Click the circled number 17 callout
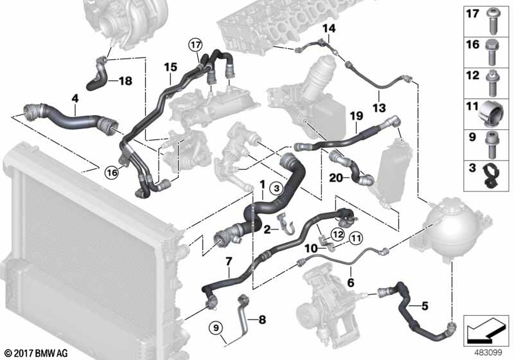pos(195,45)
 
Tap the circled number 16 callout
pos(112,172)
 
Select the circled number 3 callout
pos(277,188)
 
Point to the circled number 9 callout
pos(216,328)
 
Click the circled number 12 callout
pos(338,235)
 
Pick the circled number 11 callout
pos(357,238)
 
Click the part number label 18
pos(125,80)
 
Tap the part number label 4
pos(75,98)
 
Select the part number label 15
pos(170,67)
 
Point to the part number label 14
pos(329,28)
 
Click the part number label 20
pos(335,178)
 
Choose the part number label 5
pos(425,306)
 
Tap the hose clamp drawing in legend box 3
pos(491,175)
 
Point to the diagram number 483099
pos(488,353)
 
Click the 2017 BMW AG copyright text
pos(36,353)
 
